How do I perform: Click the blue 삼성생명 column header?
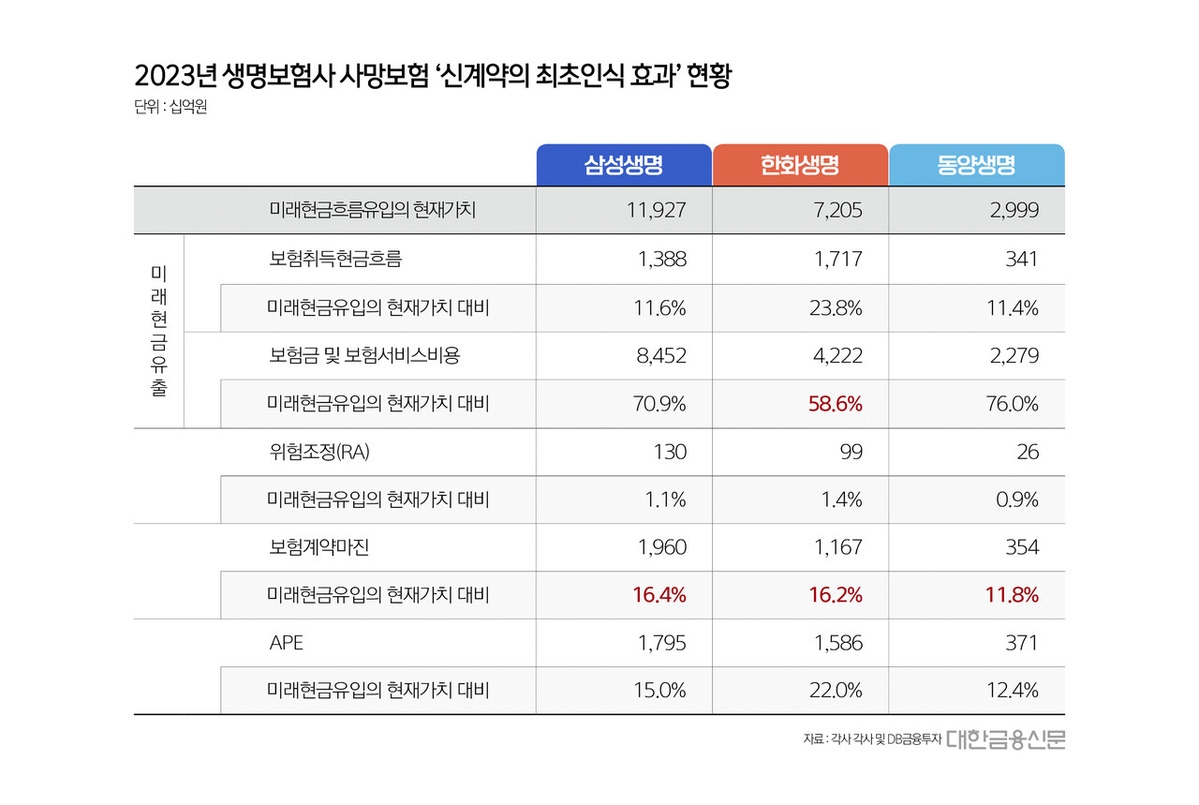623,165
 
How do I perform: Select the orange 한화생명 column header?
799,165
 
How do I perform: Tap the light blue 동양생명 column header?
976,165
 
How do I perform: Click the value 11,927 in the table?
656,210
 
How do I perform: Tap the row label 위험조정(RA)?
319,452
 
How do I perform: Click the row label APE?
286,643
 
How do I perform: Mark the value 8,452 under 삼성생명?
661,356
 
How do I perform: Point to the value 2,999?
1014,210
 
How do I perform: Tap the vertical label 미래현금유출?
158,331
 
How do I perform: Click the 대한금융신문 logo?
1005,739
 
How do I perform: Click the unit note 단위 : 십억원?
170,108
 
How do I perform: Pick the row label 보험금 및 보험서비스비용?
364,356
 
